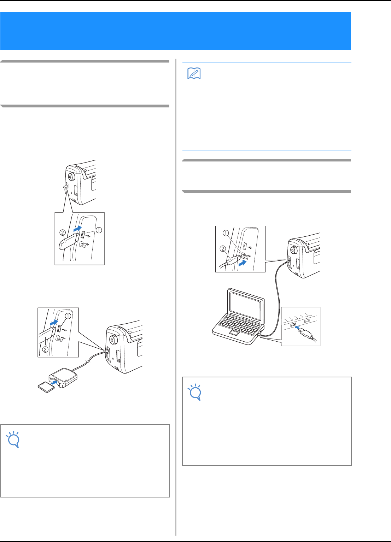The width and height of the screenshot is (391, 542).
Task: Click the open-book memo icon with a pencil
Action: coord(194,73)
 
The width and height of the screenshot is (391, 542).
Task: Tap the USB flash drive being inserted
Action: coord(69,242)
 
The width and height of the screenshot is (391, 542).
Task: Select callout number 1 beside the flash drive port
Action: coord(99,230)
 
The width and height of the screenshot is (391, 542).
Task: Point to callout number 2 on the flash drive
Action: coord(63,232)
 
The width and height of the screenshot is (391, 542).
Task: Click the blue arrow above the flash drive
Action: coord(77,228)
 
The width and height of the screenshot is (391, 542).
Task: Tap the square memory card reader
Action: coord(63,378)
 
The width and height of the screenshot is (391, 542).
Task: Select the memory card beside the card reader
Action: coord(46,387)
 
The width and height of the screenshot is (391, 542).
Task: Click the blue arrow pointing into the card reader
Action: coord(54,383)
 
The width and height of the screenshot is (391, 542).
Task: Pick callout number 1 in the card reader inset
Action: coord(68,316)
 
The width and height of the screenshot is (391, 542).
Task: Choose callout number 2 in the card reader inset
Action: coord(45,349)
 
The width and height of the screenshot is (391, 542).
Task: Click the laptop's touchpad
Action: coord(234,333)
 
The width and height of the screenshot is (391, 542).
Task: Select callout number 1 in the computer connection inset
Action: coord(226,233)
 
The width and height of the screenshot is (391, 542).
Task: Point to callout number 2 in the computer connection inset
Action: coord(223,248)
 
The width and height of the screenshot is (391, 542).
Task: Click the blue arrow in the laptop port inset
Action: coord(298,328)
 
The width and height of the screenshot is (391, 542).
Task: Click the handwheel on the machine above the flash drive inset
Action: coord(71,176)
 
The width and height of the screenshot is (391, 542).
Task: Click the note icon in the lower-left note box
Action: coord(13,439)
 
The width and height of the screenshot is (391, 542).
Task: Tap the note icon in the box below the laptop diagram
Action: coord(195,392)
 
